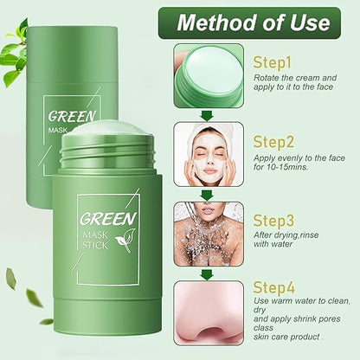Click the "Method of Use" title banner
249,22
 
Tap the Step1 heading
272,63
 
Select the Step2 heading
273,142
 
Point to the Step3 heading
273,221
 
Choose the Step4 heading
273,287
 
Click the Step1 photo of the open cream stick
209,76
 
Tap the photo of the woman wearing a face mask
209,154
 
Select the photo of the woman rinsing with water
209,234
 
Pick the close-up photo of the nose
209,313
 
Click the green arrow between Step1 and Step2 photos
207,116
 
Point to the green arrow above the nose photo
207,274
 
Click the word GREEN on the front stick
108,219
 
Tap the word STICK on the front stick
95,245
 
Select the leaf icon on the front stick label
125,241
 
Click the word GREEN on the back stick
72,116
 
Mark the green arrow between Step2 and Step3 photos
207,196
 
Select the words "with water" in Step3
273,244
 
